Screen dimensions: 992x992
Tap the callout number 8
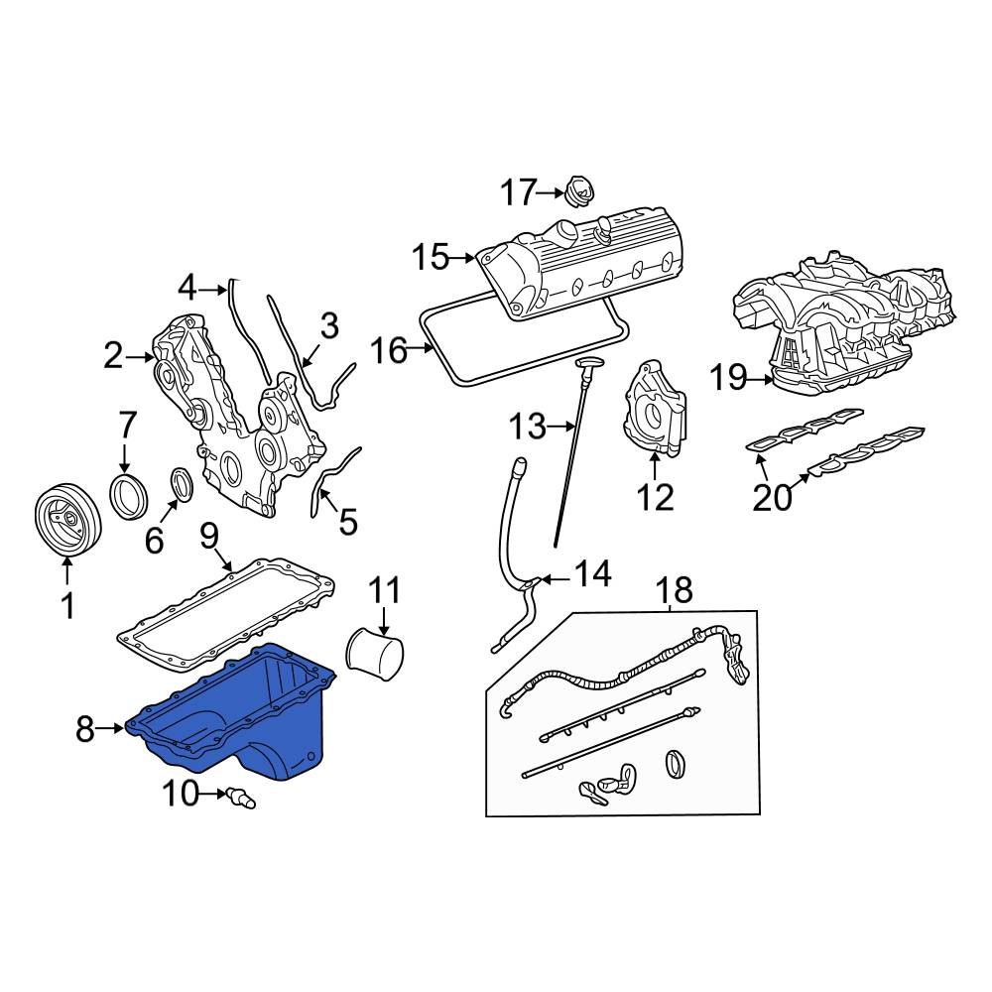pyautogui.click(x=84, y=729)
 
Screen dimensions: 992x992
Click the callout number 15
pyautogui.click(x=431, y=258)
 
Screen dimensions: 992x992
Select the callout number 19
pyautogui.click(x=729, y=378)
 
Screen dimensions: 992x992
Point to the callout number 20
pyautogui.click(x=772, y=497)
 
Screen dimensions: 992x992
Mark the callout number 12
pyautogui.click(x=655, y=497)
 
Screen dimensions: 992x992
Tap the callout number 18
pyautogui.click(x=674, y=589)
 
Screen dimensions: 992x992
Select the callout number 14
pyautogui.click(x=593, y=573)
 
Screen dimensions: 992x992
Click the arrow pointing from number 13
pyautogui.click(x=561, y=427)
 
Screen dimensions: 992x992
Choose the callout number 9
pyautogui.click(x=209, y=536)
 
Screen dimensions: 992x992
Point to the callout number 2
pyautogui.click(x=113, y=357)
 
